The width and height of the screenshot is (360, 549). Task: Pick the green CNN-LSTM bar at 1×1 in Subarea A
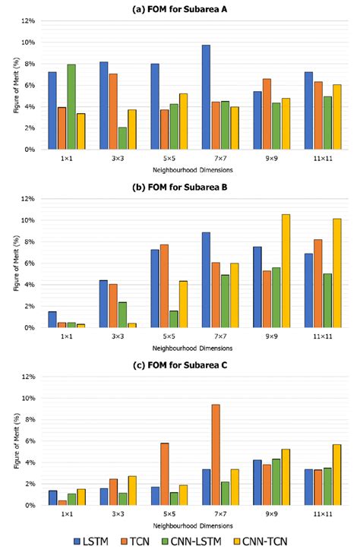(x=72, y=106)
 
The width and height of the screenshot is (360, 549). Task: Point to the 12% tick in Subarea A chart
(x=29, y=21)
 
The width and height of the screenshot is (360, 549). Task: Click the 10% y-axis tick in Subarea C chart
(x=29, y=398)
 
